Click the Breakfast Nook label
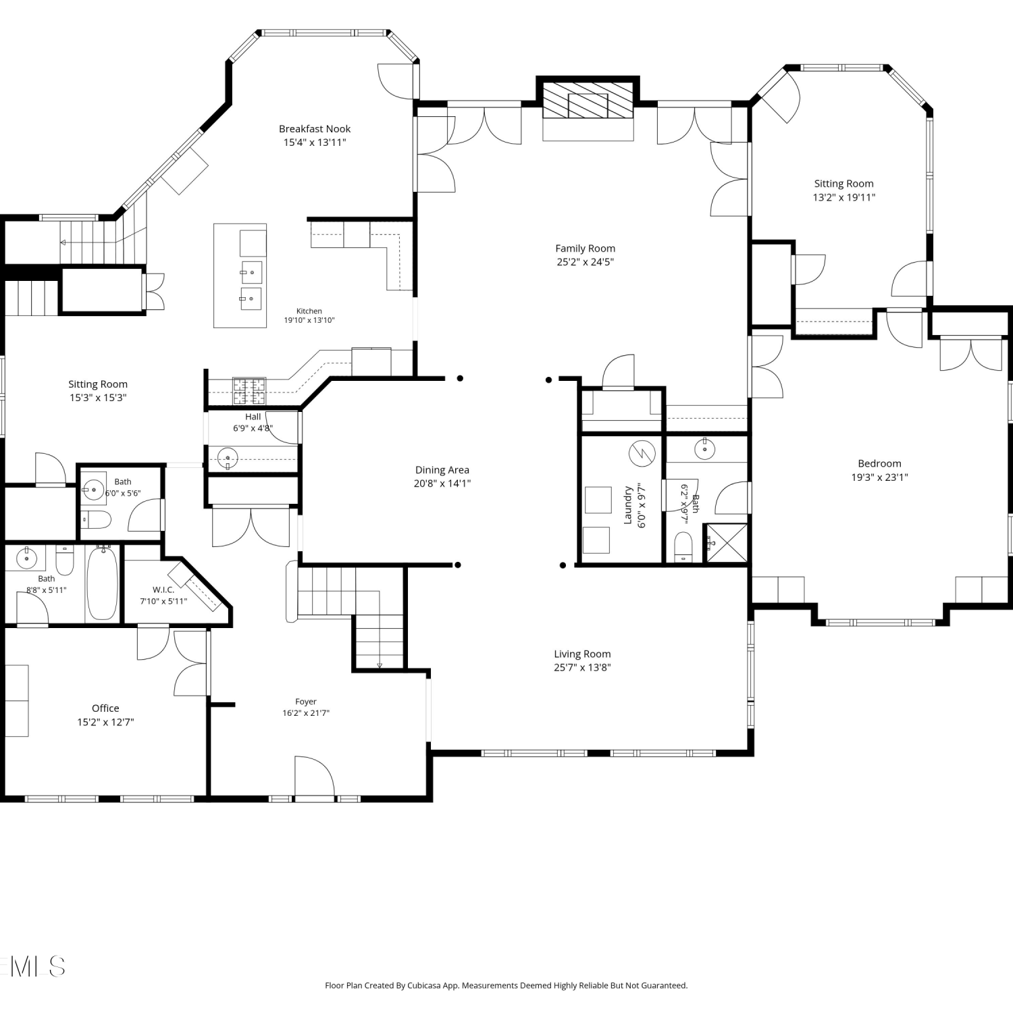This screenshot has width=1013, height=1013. click(315, 128)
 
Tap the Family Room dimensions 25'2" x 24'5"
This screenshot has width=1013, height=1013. click(585, 262)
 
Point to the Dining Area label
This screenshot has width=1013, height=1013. click(442, 470)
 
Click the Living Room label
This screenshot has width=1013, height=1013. click(582, 654)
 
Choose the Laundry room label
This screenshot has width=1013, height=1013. click(627, 505)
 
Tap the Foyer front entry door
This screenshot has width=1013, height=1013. click(315, 777)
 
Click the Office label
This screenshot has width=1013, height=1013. click(105, 708)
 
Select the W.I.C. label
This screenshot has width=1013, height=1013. click(163, 590)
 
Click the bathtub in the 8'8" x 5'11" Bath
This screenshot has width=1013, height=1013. click(103, 583)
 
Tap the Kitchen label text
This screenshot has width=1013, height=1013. click(309, 311)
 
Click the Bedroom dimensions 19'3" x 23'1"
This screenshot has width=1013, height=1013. click(879, 477)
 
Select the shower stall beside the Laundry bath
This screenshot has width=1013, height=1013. click(726, 543)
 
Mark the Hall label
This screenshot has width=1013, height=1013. click(253, 417)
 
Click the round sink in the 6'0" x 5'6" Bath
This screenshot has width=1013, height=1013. click(93, 488)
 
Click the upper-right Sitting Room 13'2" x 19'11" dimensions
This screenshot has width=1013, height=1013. click(843, 198)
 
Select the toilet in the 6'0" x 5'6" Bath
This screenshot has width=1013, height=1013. click(96, 519)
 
